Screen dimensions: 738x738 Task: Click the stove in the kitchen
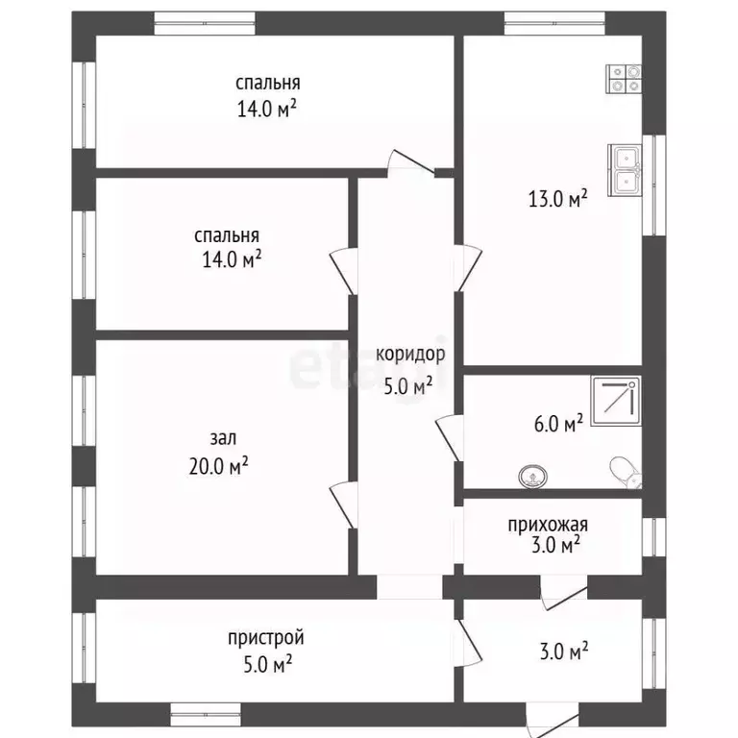624,79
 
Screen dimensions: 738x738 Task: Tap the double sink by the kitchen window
625,170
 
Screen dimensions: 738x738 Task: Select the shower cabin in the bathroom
616,401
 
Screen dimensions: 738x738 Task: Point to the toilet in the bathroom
626,472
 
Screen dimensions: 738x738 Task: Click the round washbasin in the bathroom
532,477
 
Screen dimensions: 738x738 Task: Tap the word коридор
410,355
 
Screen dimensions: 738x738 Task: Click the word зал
223,438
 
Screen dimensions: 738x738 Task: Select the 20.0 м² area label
219,466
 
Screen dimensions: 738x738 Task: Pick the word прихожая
548,525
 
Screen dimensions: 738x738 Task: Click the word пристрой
266,638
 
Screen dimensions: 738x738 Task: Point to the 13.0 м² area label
557,199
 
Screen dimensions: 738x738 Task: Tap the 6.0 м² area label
558,423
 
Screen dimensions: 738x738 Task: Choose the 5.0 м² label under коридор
408,386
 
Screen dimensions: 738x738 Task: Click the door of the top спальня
410,162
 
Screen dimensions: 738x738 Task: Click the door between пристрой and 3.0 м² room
469,642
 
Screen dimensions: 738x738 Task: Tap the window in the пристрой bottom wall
206,715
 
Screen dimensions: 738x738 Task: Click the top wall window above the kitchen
554,23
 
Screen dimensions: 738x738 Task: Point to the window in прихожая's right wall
654,537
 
